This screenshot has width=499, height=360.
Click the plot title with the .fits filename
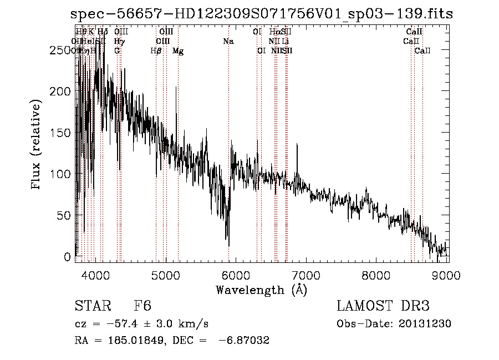click(262, 14)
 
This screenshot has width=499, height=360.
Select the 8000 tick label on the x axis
click(376, 275)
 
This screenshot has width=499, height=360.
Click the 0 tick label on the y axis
click(68, 257)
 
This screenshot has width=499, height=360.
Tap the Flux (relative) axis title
click(37, 145)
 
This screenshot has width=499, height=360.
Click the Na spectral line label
click(228, 41)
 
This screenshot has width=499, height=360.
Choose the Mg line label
click(178, 51)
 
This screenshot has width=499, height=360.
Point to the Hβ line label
click(156, 51)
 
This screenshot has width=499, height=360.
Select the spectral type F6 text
click(142, 307)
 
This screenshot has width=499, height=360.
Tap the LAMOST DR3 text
click(383, 307)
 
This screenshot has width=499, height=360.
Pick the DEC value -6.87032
click(245, 340)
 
